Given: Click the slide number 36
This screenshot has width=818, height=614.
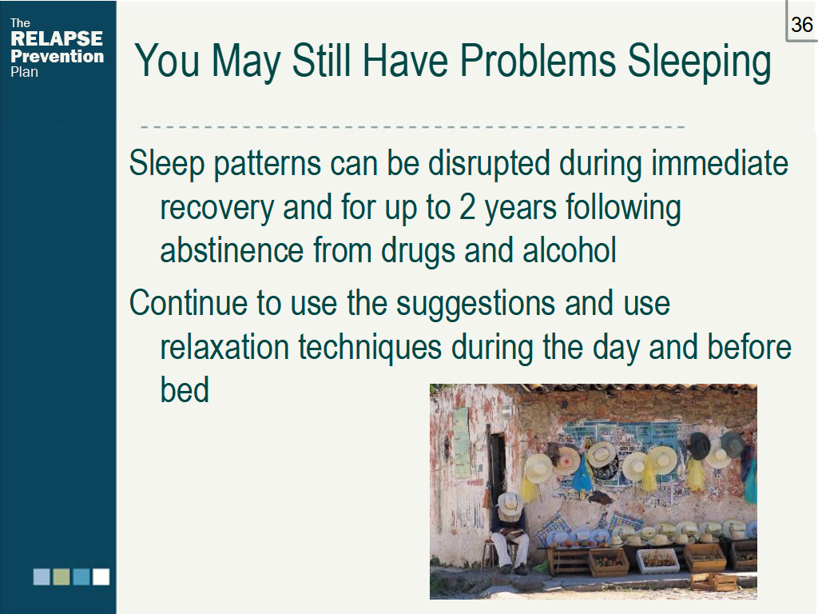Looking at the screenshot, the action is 802,25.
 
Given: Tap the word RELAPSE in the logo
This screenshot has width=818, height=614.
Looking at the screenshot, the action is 57,38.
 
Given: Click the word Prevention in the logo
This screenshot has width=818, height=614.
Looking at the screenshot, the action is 58,56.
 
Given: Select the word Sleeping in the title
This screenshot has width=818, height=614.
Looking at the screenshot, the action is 699,62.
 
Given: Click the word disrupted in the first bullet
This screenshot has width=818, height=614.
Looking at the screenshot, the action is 490,165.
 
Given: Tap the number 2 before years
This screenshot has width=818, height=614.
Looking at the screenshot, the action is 467,207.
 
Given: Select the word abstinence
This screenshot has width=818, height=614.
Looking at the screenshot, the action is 232,250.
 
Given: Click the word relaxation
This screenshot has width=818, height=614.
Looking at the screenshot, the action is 224,347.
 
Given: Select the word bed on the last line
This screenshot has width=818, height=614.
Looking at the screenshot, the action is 185,390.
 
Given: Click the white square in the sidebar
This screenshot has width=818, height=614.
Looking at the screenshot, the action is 101,577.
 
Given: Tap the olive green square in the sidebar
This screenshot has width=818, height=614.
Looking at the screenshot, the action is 62,577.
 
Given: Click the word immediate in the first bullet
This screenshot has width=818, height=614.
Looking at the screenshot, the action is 720,163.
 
